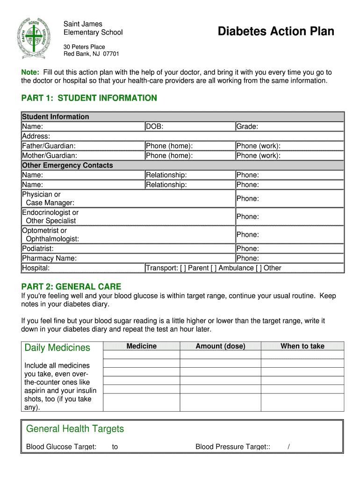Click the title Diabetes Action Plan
pos(276,31)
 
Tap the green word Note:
pos(31,72)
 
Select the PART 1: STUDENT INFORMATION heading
pos(89,98)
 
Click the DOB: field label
pos(155,126)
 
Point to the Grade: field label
pos(247,126)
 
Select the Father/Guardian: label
pos(49,146)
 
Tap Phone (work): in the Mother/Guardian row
pos(259,156)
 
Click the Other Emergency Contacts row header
pos(67,165)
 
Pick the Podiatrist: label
pos(38,248)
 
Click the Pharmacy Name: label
pos(50,258)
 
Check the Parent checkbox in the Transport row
pos(183,268)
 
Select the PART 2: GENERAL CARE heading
pos(71,286)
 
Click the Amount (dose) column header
pos(220,346)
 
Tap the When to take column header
pos(302,346)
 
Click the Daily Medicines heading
pos(57,348)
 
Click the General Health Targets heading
pos(75,429)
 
